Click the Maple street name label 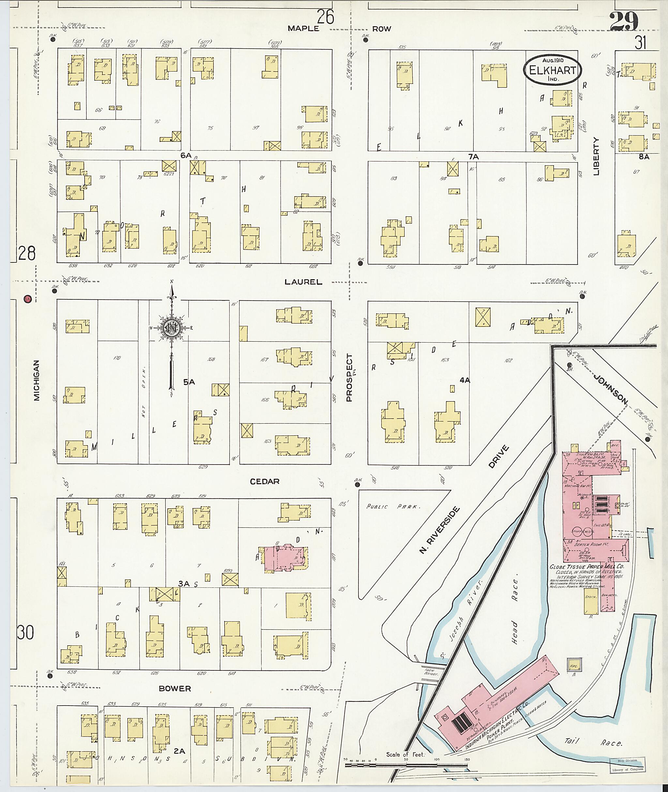[303, 29]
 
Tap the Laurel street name [303, 282]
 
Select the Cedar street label [265, 482]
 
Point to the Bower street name [175, 689]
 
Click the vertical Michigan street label [37, 380]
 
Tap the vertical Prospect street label [349, 378]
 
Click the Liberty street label [597, 157]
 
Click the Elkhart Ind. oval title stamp [553, 70]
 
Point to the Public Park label [393, 506]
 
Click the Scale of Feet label [405, 754]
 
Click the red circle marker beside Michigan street [27, 299]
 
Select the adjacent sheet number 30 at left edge [25, 632]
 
